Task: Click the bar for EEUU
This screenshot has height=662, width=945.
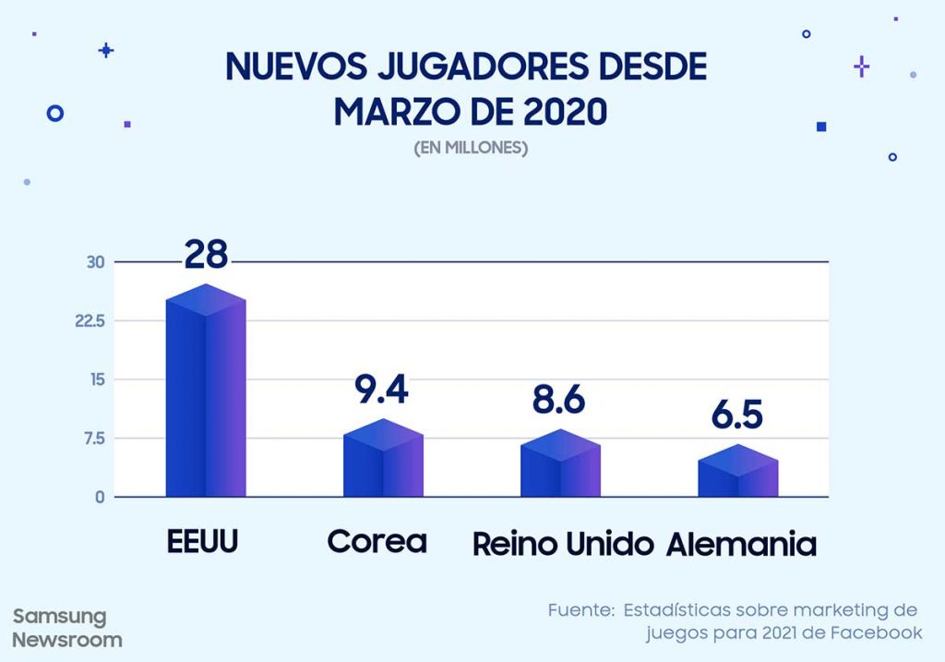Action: click(x=205, y=397)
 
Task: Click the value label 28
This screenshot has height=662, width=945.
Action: click(x=205, y=254)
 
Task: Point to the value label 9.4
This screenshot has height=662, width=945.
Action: click(x=381, y=391)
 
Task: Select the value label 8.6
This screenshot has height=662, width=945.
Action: click(x=559, y=402)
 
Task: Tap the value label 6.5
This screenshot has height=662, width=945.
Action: click(x=736, y=415)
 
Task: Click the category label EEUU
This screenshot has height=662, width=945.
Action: click(x=203, y=542)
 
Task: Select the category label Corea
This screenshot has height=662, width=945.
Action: click(x=377, y=542)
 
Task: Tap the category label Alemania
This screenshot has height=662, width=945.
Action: click(x=741, y=545)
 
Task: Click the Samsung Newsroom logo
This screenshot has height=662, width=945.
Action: click(x=66, y=628)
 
